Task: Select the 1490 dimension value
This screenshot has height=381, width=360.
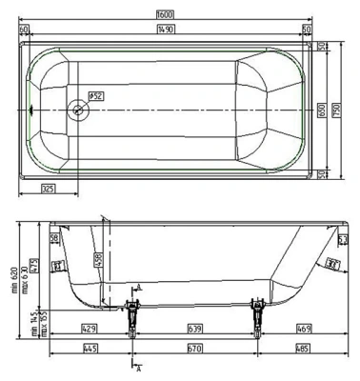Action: click(178, 30)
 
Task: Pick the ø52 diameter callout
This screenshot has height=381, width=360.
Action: click(95, 95)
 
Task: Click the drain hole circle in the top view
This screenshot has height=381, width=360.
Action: click(77, 110)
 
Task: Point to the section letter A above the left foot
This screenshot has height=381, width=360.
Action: click(139, 287)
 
